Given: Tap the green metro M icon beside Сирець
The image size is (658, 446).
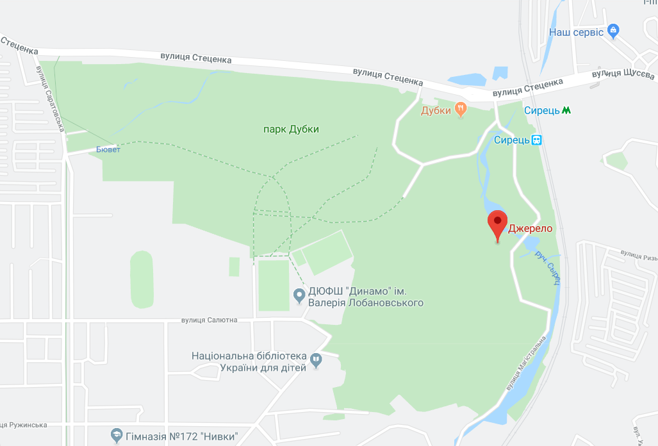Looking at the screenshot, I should point(566,110).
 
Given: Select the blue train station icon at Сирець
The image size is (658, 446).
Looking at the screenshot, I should point(536,140).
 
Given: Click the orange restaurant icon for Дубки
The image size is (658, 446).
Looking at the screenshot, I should point(461,110).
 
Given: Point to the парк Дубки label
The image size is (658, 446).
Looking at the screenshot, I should point(291,129).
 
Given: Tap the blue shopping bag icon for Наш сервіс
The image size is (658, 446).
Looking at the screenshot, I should point(613,30).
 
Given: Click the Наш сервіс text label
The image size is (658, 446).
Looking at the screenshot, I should point(576,32).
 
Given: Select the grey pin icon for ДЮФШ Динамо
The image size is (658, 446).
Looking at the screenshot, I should point(299,295).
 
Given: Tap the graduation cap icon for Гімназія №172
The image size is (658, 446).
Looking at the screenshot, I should point(116,436).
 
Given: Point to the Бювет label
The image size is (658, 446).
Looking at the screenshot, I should point(108,149).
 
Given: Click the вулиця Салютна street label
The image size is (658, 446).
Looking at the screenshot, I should point(209,320).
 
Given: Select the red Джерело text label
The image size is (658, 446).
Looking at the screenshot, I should point(531,228).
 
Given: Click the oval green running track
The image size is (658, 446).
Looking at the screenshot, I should point(142,280).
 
